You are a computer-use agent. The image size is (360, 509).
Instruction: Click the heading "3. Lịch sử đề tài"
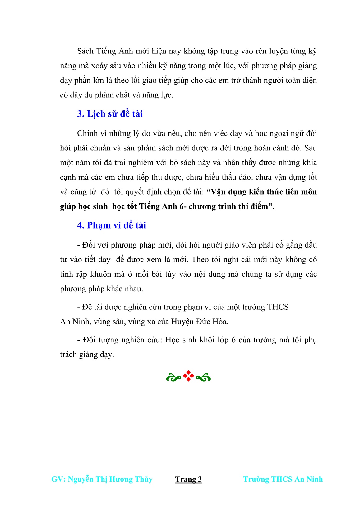pos(110,114)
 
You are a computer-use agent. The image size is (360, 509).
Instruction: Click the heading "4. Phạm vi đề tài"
pos(111,225)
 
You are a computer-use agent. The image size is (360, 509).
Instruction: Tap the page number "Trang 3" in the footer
pos(188,479)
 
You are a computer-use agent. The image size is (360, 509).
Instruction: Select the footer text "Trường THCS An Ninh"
pos(283,479)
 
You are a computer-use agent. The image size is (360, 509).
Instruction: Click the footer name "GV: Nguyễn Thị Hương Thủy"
pos(102,479)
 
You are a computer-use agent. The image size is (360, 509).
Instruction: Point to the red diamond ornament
pos(188,376)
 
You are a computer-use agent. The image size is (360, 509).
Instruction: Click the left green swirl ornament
pos(173,378)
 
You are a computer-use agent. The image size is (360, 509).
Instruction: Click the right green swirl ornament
pos(204,378)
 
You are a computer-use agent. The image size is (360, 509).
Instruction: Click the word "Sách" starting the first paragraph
pos(85,51)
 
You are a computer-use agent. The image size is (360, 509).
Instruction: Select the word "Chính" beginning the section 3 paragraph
pos(87,133)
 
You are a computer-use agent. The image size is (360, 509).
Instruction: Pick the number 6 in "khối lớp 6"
pos(233,340)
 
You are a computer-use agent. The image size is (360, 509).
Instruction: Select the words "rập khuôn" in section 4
pos(95,274)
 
